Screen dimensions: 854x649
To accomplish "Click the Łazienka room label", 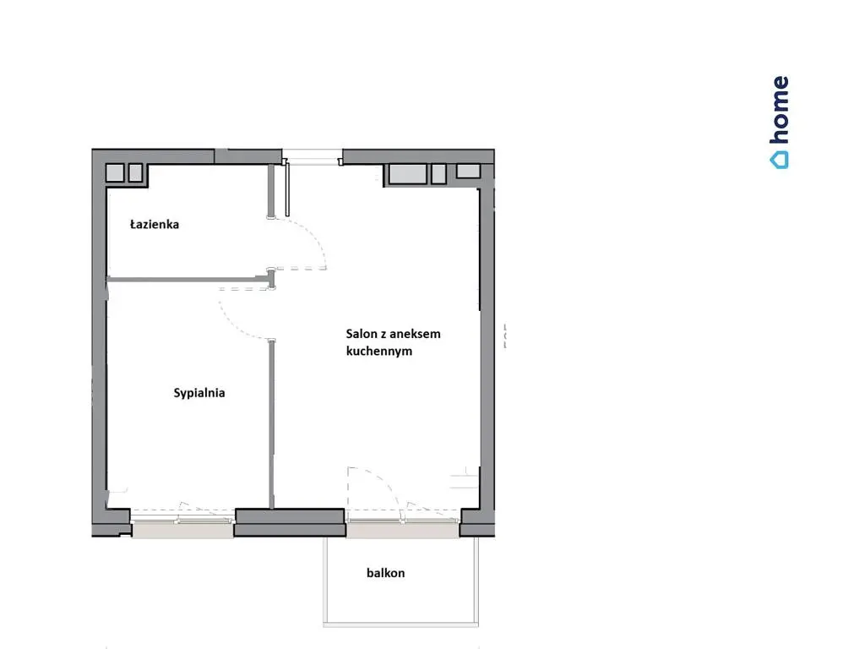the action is click(x=154, y=224).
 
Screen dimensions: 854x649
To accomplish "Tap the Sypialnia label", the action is click(x=199, y=393).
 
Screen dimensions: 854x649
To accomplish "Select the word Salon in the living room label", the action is click(x=361, y=334).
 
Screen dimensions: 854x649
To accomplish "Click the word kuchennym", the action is click(x=379, y=351).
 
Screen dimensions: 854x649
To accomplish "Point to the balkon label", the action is click(x=385, y=573).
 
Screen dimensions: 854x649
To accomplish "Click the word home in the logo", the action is click(x=780, y=110).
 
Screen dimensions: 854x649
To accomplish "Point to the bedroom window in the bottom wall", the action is click(x=183, y=522).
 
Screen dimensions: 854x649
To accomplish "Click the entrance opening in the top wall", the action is click(x=312, y=155).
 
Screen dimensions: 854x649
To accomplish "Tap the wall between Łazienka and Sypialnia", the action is click(x=188, y=279).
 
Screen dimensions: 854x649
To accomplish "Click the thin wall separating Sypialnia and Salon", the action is click(x=272, y=424).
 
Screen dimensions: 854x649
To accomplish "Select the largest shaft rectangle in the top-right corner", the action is click(x=407, y=174).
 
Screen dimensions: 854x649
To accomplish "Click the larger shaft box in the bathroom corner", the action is click(x=115, y=172).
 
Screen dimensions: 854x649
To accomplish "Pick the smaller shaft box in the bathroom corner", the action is click(x=135, y=172).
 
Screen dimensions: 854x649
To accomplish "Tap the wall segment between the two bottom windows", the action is click(x=290, y=522).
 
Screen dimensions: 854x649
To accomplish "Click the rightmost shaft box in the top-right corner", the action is click(x=468, y=171).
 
